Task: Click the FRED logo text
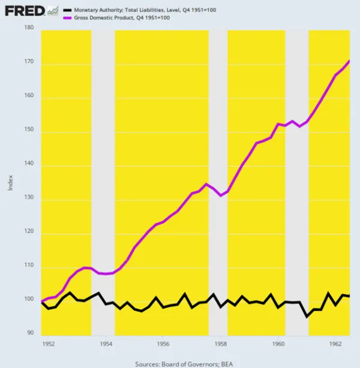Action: point(23,11)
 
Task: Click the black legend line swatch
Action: point(67,10)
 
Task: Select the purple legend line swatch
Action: point(67,18)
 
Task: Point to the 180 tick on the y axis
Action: point(29,28)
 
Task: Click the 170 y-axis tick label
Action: point(29,62)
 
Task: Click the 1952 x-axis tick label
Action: point(49,345)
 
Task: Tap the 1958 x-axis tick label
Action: point(221,345)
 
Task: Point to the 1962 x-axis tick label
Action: point(335,345)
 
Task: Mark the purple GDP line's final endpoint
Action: point(349,61)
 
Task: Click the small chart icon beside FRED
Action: point(53,10)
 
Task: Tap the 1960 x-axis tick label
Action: point(278,345)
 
